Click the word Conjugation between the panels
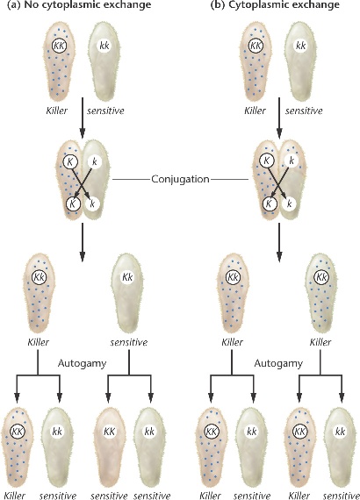pos(180,179)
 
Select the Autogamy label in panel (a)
pos(82,363)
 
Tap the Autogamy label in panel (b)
pos(278,363)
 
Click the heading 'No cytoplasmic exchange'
pos(88,4)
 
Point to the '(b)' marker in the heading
pos(218,4)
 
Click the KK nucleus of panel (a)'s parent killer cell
pos(60,46)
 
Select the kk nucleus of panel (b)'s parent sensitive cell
pos(301,46)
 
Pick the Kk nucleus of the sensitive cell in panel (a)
pos(127,277)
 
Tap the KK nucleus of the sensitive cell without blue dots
pos(110,432)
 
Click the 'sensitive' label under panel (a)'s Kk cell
pos(129,342)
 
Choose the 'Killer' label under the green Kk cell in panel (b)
pos(320,342)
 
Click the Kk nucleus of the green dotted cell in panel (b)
pos(321,277)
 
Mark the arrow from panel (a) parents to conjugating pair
pos(83,118)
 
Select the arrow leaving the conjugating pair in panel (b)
pos(279,242)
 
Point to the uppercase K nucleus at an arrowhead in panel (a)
pos(73,204)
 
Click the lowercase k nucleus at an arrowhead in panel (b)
pos(290,204)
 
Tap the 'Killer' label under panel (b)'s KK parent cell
pos(255,111)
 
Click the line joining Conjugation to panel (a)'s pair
pos(131,180)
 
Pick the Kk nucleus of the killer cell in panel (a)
pos(39,277)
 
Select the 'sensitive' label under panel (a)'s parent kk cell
pos(105,111)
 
